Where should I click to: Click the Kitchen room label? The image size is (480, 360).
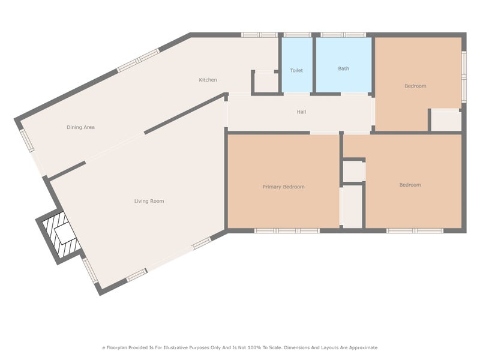(208, 80)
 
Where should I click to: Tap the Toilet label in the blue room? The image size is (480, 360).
(296, 70)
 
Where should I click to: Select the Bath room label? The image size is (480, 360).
(343, 68)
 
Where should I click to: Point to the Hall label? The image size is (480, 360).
(301, 112)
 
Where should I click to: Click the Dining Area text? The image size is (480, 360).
(80, 127)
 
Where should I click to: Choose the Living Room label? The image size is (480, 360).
(149, 201)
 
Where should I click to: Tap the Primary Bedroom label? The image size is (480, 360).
(283, 187)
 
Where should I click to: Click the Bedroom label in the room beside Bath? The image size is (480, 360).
(415, 86)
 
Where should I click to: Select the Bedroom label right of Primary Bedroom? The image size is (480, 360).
(410, 185)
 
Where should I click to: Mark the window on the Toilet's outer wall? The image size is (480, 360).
(297, 35)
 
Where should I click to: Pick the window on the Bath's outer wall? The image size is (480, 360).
(343, 35)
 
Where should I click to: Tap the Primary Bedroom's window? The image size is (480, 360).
(287, 230)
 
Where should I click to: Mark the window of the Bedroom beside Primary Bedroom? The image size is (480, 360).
(414, 230)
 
